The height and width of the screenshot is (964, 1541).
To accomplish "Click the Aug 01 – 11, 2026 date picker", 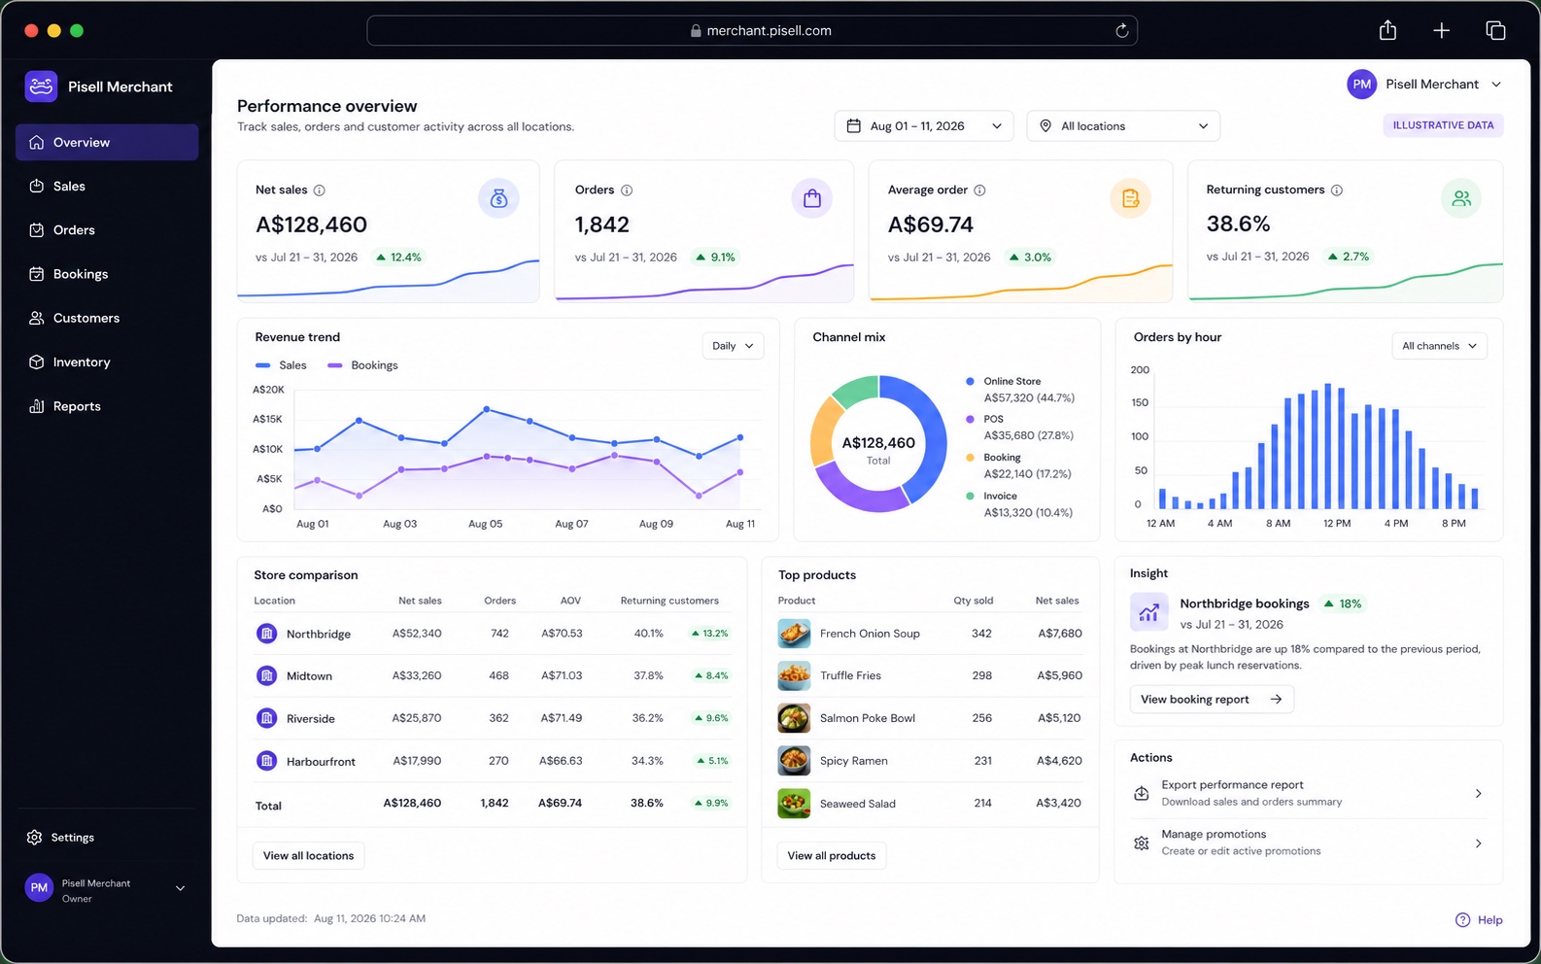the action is [x=923, y=126].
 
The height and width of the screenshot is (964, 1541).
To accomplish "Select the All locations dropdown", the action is [x=1123, y=126].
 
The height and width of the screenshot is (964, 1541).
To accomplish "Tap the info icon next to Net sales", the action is [x=320, y=189].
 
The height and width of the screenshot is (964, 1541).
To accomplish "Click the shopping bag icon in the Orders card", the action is [x=811, y=198].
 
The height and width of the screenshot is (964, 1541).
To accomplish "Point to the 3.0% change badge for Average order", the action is [x=1030, y=258].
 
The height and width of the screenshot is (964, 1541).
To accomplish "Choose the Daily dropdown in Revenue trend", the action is [x=733, y=345].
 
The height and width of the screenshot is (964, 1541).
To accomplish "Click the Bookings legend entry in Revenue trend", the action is [x=362, y=365].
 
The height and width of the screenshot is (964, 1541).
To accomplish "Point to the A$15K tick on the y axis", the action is [x=267, y=419].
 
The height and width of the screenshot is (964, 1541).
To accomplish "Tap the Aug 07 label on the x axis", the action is [x=571, y=524].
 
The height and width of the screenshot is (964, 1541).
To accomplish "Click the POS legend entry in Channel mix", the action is [x=1019, y=427].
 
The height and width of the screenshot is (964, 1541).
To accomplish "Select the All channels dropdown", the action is [x=1439, y=345].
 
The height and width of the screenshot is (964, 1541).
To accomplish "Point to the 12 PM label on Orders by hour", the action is [x=1337, y=523].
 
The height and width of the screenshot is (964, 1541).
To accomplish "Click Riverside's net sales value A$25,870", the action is [x=416, y=718].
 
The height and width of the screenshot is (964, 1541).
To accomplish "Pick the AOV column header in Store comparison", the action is [x=570, y=600].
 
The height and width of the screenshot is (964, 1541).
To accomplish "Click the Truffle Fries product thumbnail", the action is [x=794, y=675].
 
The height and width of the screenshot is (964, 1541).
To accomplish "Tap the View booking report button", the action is [x=1212, y=699].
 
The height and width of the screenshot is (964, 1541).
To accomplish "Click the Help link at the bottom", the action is [x=1479, y=920].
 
